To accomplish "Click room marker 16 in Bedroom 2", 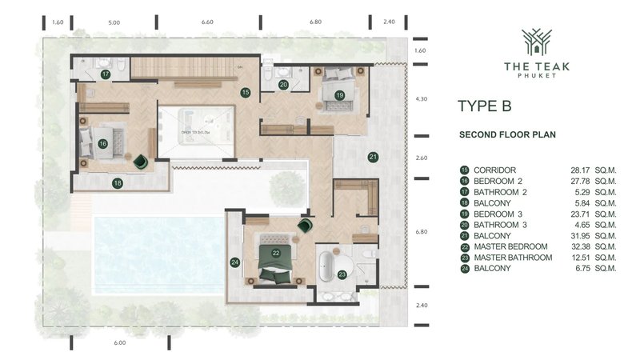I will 103,144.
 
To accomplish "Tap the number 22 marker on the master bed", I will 275,253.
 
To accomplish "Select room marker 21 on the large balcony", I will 373,157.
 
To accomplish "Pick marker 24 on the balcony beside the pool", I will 234,262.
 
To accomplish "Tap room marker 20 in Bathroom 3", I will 283,84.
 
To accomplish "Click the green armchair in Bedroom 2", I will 142,162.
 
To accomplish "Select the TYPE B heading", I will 484,106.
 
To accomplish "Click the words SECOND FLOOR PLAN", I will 507,135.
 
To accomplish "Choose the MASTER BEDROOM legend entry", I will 510,246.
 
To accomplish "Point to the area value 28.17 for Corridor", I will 578,170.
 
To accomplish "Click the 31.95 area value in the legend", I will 578,235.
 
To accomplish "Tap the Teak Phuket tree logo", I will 537,42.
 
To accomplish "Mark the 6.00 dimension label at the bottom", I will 120,342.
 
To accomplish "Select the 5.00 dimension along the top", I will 114,22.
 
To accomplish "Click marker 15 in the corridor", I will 246,93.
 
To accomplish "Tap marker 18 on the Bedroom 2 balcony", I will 118,182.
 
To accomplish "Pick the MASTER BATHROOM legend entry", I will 513,258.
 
